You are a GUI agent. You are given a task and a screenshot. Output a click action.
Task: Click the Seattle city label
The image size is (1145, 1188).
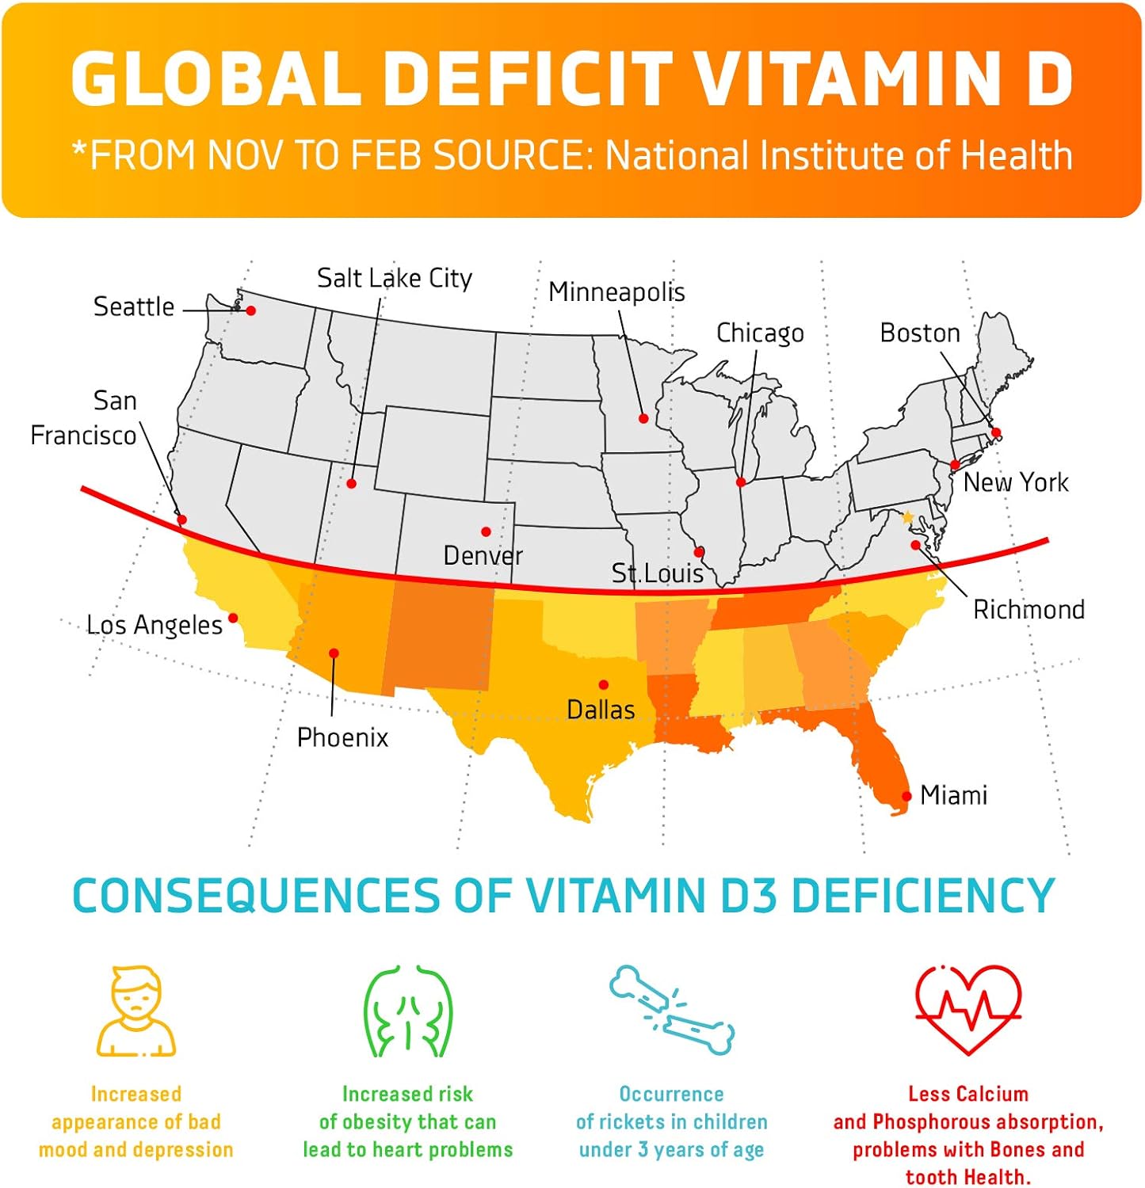[134, 307]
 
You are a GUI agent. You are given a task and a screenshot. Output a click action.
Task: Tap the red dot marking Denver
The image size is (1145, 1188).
[486, 531]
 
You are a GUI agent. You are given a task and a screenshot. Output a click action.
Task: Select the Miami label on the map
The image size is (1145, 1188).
[953, 795]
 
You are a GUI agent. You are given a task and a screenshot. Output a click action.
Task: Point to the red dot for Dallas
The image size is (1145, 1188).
[604, 685]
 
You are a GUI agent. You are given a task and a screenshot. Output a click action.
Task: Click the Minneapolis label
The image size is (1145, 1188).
[616, 292]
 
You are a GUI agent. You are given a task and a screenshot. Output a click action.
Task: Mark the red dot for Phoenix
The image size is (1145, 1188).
[334, 653]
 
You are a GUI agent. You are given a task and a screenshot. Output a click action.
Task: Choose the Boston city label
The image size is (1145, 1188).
[919, 333]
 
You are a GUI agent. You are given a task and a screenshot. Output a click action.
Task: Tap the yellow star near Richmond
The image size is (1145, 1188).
[908, 518]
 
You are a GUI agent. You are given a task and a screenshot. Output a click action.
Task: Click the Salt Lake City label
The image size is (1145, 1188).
[394, 278]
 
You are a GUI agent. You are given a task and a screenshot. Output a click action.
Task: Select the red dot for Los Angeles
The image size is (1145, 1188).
[233, 618]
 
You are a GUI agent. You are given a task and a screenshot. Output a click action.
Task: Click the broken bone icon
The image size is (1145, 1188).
[672, 1010]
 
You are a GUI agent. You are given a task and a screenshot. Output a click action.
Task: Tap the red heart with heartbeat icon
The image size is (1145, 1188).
[968, 1009]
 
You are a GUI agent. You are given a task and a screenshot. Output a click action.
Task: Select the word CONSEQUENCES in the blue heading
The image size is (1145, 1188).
[255, 896]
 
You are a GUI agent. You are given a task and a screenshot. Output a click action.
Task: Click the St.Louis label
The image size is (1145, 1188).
[657, 573]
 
